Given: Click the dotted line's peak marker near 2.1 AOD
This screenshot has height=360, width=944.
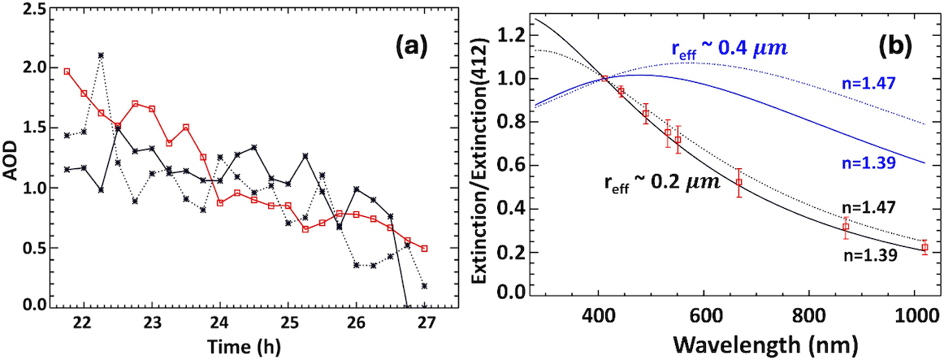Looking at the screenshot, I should click(100, 55).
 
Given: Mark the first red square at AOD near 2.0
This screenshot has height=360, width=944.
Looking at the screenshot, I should click(67, 72).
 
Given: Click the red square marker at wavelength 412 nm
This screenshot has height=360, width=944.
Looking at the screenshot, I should click(604, 79).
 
